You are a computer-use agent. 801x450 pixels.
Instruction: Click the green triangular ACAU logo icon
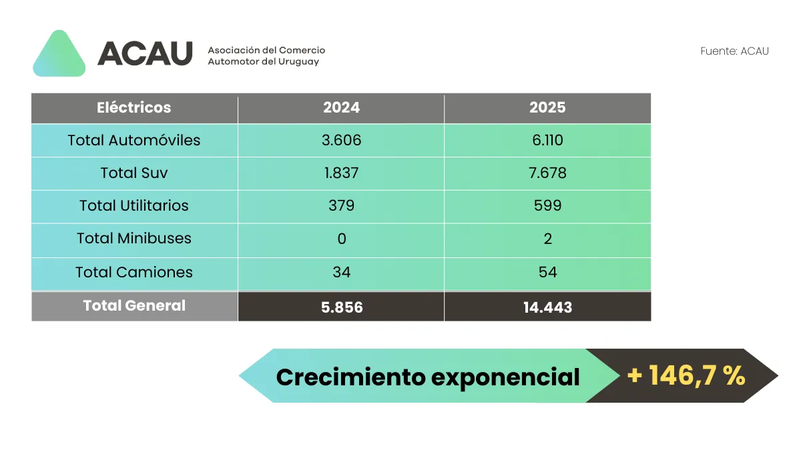59,55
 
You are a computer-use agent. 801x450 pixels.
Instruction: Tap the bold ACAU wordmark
145,53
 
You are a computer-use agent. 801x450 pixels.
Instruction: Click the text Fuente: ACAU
734,51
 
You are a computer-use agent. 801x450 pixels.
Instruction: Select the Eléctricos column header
134,107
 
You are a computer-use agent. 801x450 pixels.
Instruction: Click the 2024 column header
341,107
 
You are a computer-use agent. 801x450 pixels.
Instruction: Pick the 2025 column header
547,107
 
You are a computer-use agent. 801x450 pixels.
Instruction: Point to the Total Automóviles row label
134,140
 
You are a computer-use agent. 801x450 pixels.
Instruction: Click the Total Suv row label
134,173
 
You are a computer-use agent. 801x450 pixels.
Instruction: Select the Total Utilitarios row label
134,205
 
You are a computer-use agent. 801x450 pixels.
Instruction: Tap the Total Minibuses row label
134,238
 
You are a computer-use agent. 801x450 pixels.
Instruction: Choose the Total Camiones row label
134,272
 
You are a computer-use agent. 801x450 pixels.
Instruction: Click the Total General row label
134,305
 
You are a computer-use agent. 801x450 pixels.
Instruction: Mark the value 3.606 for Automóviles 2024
341,140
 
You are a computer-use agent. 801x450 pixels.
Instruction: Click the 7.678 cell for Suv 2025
547,173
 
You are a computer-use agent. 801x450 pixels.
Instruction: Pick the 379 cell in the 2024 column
341,205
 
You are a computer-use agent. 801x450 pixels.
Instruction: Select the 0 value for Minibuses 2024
341,238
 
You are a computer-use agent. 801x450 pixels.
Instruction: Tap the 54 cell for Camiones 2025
547,272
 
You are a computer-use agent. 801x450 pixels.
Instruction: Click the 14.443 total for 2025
547,307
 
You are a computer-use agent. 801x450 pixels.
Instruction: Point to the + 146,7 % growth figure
686,376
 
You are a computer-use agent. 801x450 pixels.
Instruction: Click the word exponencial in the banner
505,377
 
